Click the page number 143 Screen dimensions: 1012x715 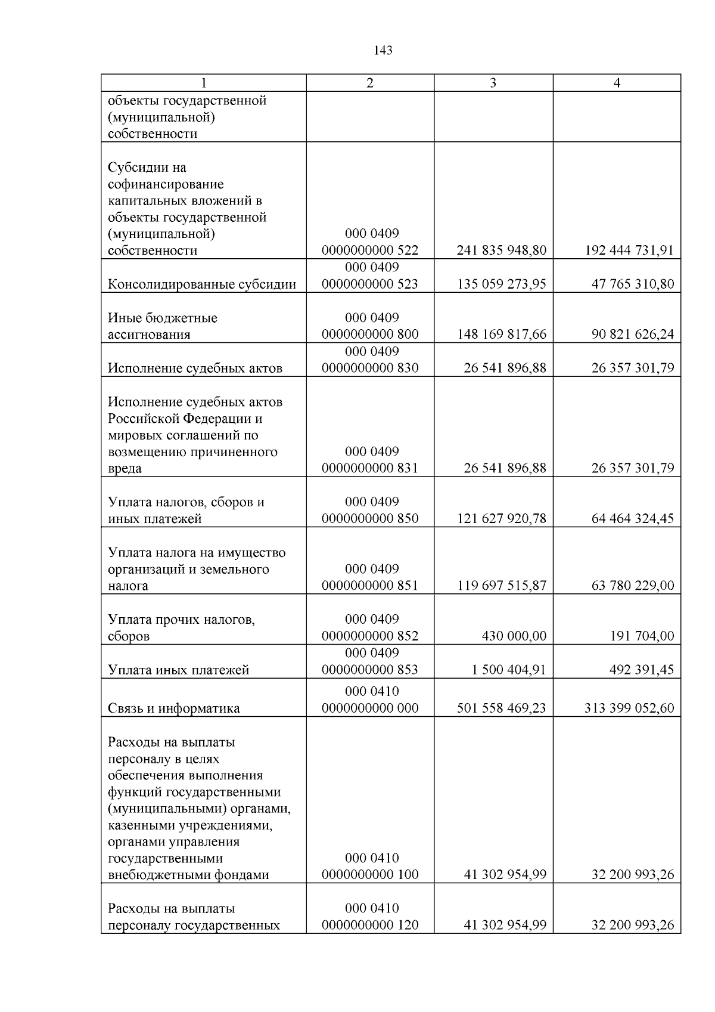click(383, 51)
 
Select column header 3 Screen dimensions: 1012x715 click(493, 83)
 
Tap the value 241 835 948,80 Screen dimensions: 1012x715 click(501, 250)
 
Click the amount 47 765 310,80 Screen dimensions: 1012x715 click(632, 284)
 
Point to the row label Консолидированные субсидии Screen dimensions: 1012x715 click(201, 284)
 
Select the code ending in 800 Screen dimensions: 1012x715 click(370, 334)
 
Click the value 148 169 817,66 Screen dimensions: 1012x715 click(501, 334)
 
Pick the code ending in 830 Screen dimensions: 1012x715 click(370, 368)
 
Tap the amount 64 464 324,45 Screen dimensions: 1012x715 click(632, 518)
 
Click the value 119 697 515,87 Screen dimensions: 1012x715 click(501, 586)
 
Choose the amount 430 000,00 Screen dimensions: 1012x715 click(514, 636)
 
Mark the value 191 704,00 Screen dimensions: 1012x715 click(642, 636)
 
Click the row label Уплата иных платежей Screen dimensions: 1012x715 click(178, 670)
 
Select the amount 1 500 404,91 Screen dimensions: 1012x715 click(508, 670)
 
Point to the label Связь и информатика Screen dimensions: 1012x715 click(173, 708)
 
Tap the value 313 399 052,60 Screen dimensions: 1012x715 click(629, 708)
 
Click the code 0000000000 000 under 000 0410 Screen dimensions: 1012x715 click(370, 708)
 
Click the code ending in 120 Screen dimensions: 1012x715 click(370, 926)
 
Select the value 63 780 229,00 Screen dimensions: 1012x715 click(632, 586)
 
